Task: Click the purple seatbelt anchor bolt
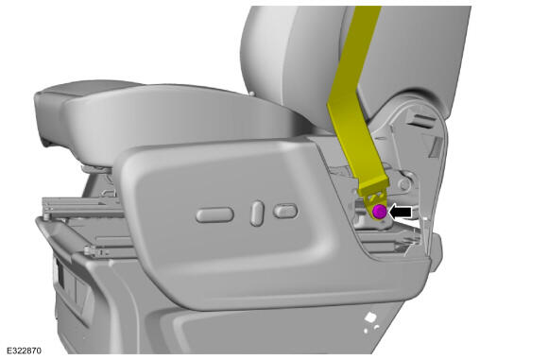tap(379, 212)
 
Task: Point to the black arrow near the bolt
tap(401, 212)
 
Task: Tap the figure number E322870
tap(24, 351)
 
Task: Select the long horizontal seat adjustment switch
tap(214, 214)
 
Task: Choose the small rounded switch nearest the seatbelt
tap(285, 211)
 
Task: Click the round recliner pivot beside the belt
tap(404, 184)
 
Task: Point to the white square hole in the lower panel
tap(370, 317)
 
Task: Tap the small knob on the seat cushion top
tap(251, 94)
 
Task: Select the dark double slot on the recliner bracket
tap(421, 121)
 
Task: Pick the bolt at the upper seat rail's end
tap(46, 216)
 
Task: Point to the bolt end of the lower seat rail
tap(89, 250)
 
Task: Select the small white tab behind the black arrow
tap(425, 219)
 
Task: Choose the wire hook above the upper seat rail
tap(109, 192)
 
